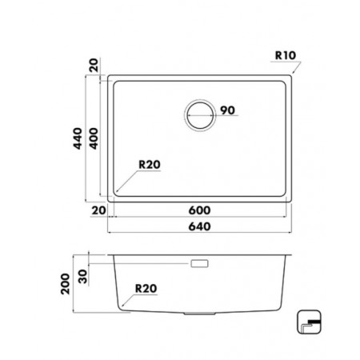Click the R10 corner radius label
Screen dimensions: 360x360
click(x=286, y=55)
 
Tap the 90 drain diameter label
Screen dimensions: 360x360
click(x=227, y=110)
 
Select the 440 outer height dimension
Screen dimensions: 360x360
click(x=78, y=138)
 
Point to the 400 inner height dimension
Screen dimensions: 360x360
click(x=94, y=138)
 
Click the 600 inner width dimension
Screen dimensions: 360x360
click(x=199, y=210)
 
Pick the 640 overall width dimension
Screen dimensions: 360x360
click(x=199, y=226)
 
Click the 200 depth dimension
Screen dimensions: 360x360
click(x=66, y=284)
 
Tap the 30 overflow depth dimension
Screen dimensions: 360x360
click(x=83, y=277)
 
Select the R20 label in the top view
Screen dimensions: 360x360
click(x=150, y=165)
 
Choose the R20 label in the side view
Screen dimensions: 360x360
click(x=146, y=288)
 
